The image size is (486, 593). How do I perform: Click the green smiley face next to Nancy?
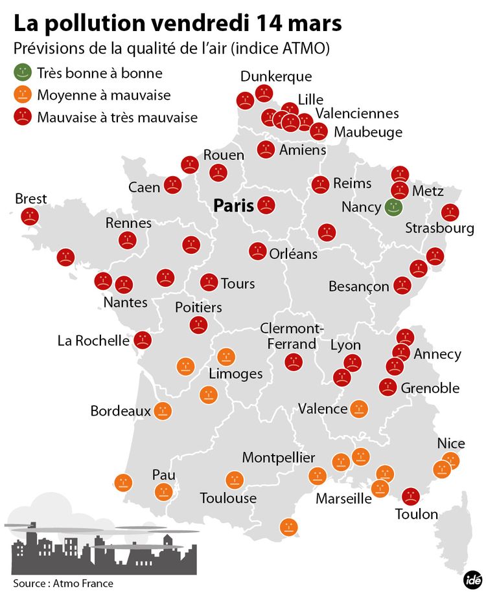[393, 208]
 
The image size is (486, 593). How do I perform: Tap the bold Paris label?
[233, 206]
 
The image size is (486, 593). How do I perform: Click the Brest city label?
[30, 199]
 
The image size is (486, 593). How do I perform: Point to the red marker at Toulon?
[410, 497]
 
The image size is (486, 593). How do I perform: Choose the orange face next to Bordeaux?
[162, 410]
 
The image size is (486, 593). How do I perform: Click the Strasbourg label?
[439, 228]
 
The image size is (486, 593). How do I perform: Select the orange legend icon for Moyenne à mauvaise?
[22, 95]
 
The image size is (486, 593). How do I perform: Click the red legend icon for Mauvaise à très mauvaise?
[22, 117]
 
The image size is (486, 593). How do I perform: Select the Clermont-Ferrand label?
[292, 336]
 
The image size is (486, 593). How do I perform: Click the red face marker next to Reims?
[319, 185]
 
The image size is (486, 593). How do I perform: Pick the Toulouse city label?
[228, 498]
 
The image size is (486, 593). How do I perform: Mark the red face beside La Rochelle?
[143, 340]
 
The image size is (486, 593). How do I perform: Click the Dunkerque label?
[275, 76]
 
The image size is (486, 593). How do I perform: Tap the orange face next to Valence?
[359, 408]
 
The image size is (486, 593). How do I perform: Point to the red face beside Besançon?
[402, 285]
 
